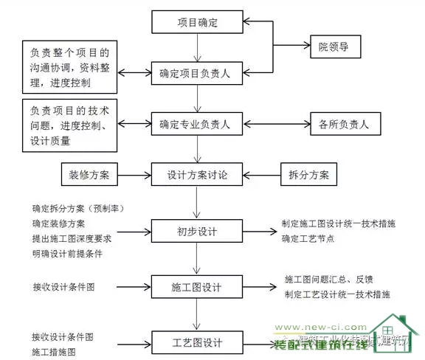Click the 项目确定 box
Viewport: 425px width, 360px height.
pyautogui.click(x=198, y=22)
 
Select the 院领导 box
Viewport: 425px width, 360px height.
pyautogui.click(x=339, y=49)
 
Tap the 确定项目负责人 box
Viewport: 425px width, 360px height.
pyautogui.click(x=198, y=73)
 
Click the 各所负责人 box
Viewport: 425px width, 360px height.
pyautogui.click(x=344, y=124)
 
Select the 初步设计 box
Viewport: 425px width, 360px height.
pyautogui.click(x=197, y=231)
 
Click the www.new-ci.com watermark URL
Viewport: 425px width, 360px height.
pyautogui.click(x=319, y=325)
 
